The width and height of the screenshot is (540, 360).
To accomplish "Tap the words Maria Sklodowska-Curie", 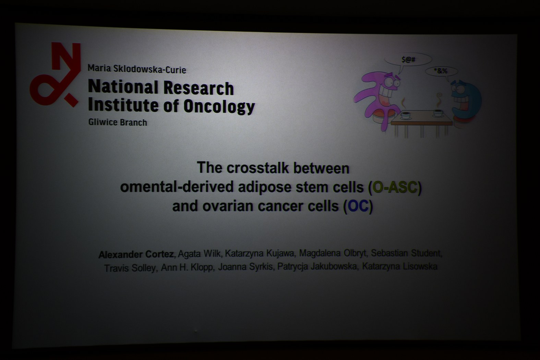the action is (x=137, y=69).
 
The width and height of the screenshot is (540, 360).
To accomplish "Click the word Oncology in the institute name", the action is (x=219, y=106).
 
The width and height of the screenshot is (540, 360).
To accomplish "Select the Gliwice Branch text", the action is (x=118, y=122).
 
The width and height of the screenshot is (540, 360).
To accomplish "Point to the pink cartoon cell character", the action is (x=377, y=99).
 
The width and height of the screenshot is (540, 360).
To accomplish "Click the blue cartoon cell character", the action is (x=466, y=101).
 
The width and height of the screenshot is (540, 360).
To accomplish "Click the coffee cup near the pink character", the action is (x=406, y=116).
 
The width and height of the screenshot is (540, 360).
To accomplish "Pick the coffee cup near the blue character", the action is (x=438, y=113).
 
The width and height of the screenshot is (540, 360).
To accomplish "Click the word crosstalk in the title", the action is (x=257, y=168).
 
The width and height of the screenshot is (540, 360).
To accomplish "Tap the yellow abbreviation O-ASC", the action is (x=395, y=187).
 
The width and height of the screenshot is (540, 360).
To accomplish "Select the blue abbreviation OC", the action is (x=358, y=206).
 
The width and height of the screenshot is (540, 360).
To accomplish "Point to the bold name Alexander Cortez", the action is (x=136, y=254).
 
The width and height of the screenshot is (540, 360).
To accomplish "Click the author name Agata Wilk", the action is (x=199, y=254).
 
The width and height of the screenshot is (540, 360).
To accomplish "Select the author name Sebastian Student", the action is (x=406, y=253).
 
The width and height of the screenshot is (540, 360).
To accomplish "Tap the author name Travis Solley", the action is (x=130, y=268).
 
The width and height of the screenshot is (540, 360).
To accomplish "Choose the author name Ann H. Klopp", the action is (x=187, y=267).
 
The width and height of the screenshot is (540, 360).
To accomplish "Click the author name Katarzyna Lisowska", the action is (x=399, y=266).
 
